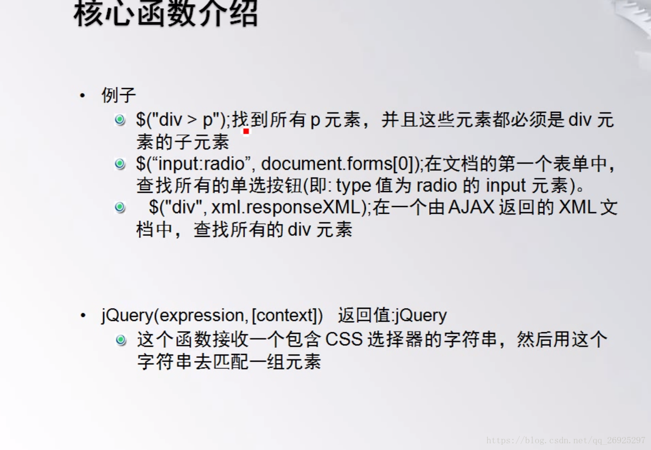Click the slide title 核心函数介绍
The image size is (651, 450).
(x=166, y=14)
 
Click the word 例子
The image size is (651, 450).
(x=119, y=95)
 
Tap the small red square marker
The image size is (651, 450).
(x=246, y=132)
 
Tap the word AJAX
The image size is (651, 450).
(x=471, y=207)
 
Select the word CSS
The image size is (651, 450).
(x=344, y=339)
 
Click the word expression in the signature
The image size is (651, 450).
(x=202, y=316)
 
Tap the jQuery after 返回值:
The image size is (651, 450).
(x=420, y=316)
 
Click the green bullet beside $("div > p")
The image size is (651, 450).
(x=120, y=120)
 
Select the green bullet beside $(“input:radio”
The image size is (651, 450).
(x=120, y=164)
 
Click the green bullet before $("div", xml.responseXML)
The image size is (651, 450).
(x=120, y=207)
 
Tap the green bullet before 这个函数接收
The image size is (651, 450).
(x=121, y=340)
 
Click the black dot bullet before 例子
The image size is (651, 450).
(x=83, y=95)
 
